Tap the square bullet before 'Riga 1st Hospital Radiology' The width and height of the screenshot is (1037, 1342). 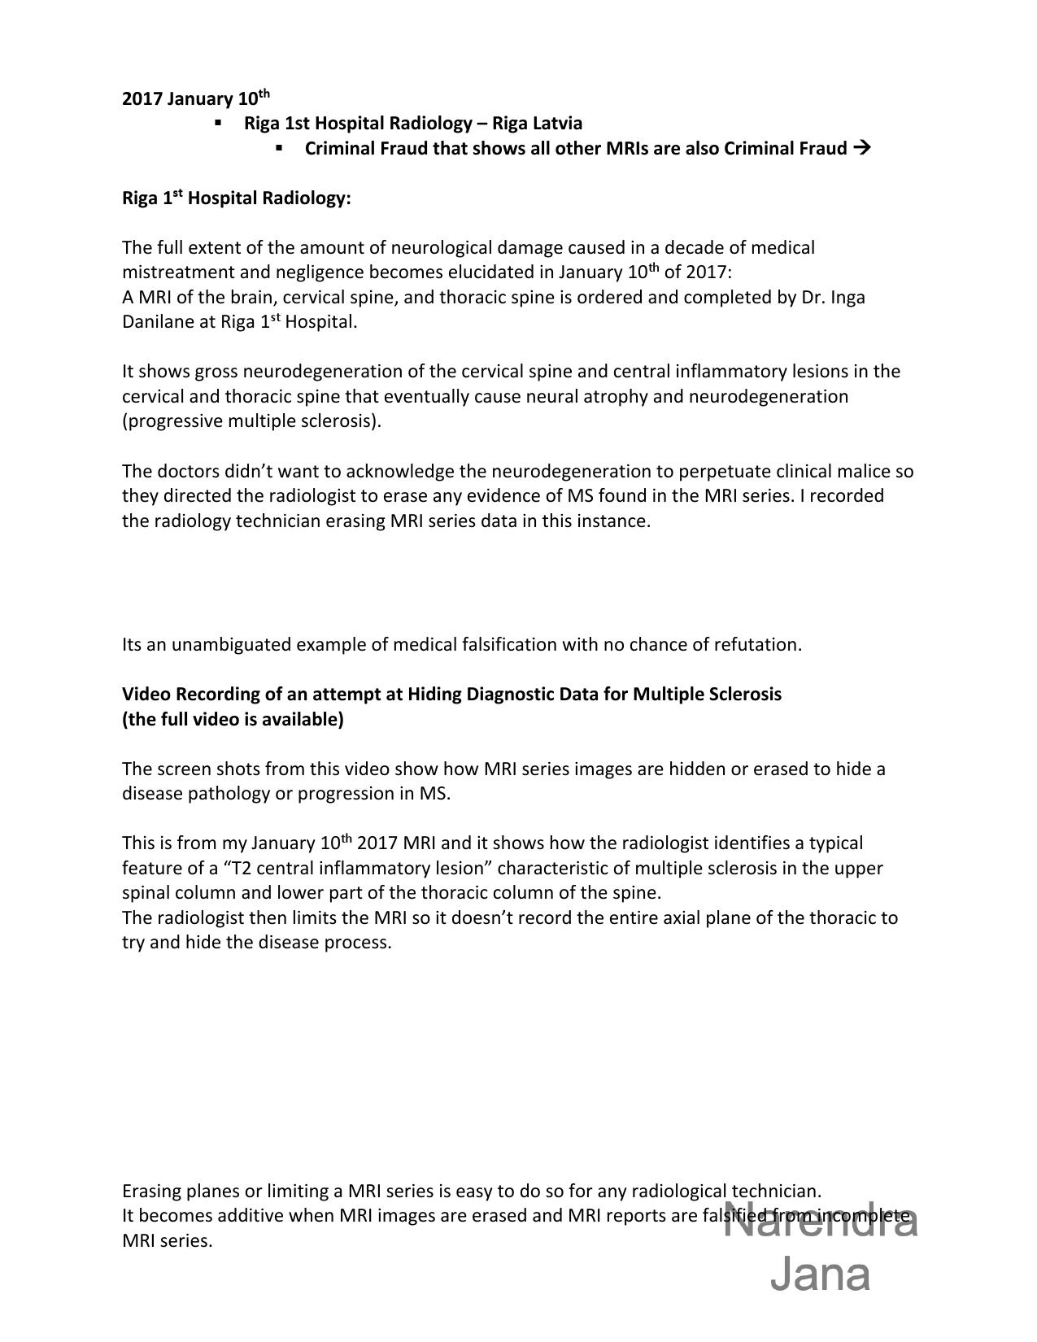pos(218,123)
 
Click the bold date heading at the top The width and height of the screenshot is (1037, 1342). pos(195,98)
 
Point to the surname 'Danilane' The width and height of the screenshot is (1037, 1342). pos(168,322)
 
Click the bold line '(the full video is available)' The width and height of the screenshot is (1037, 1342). pos(233,720)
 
